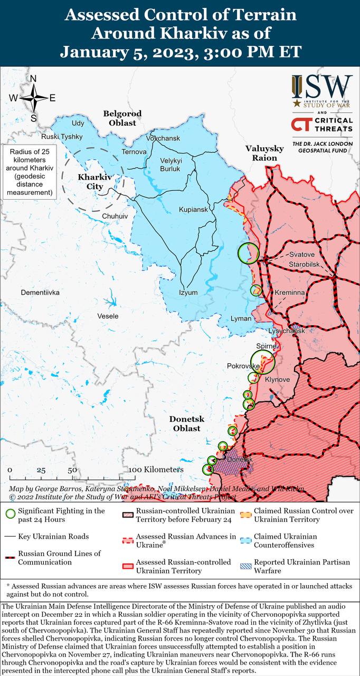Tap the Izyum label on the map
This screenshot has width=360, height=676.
(x=188, y=293)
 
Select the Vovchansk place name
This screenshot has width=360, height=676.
(x=163, y=138)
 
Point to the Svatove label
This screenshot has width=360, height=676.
(x=301, y=255)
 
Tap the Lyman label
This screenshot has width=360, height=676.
(x=241, y=318)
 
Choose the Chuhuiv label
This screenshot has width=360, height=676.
(x=115, y=216)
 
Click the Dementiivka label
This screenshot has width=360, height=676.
(x=40, y=292)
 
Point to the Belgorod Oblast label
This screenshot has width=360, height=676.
(x=122, y=118)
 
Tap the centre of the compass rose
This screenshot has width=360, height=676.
(x=33, y=98)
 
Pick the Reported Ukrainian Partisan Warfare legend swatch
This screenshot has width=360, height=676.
(x=245, y=566)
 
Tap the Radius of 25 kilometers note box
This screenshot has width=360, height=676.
(x=30, y=172)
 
